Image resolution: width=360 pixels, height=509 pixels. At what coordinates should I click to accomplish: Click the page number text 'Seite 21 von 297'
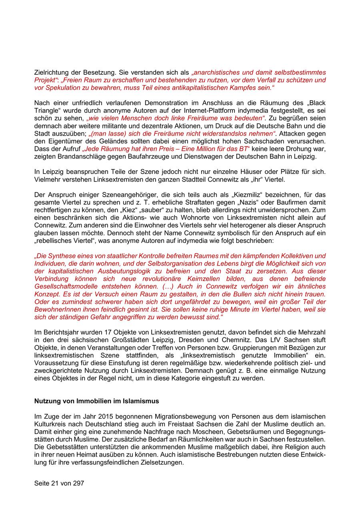59,483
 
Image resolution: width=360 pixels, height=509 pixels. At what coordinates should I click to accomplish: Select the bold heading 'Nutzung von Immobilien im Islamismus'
96,401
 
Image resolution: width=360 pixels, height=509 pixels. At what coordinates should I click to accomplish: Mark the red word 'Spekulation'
61,88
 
